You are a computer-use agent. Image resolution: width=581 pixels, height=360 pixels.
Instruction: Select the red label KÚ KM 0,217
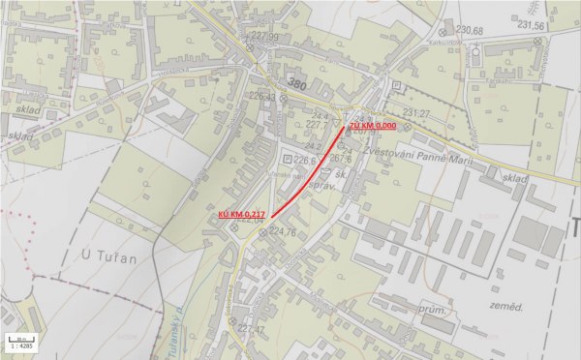tap(242, 213)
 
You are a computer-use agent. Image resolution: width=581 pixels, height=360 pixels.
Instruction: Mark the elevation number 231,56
tap(531, 26)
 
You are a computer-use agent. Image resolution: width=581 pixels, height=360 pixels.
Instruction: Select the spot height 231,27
tap(415, 113)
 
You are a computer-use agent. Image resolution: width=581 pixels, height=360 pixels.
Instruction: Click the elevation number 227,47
tap(249, 329)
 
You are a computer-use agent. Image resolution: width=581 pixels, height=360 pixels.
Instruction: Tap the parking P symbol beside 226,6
tap(286, 158)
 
